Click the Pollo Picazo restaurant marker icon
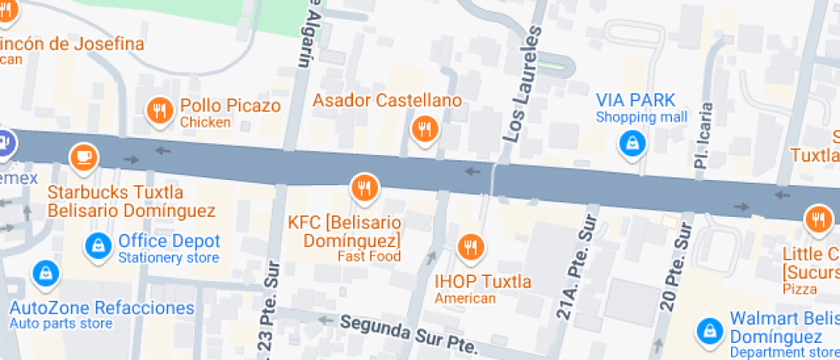pos(159,110)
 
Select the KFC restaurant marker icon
pos(364,187)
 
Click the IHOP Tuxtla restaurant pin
pos(470,248)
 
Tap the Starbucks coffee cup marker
pos(83,156)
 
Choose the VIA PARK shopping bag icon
pos(632,143)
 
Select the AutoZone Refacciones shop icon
pos(44,275)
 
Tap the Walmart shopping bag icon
pos(710,330)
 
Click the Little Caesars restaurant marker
pos(816,219)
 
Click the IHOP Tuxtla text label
pos(483,281)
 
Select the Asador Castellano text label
pos(387,100)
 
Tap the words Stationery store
pos(169,258)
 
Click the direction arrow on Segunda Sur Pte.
pos(324,321)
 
